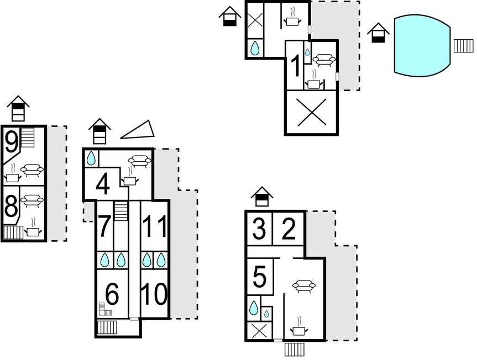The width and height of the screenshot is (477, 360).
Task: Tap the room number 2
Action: coord(289,229)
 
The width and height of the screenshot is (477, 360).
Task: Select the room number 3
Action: coord(259,229)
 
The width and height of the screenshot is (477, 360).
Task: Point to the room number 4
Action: coord(102,185)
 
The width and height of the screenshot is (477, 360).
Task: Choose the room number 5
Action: coord(260,277)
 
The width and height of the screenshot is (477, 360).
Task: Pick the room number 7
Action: coord(104,227)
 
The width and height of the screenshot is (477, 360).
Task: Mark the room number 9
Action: coord(11,142)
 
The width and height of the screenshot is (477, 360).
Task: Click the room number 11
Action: coord(154,227)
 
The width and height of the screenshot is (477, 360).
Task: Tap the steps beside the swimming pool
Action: coord(463,45)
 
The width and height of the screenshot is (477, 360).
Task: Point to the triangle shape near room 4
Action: coord(138,130)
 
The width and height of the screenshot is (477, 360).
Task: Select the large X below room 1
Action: coord(311,113)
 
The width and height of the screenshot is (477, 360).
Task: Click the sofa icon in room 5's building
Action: coord(303,285)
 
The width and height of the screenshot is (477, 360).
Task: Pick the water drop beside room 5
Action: coord(254,308)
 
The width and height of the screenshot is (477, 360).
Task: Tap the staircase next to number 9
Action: coord(28,137)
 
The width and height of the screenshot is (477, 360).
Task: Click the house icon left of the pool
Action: coord(378,33)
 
